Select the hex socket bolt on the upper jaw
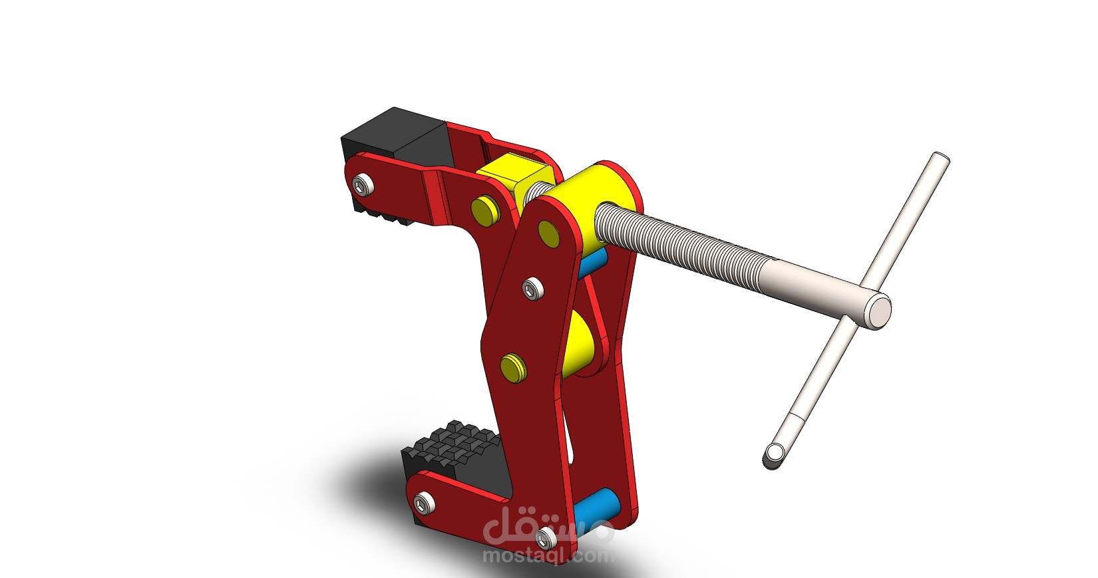pos(362,184)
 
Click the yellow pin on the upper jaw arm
pos(484,210)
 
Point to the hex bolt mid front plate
pos(530,289)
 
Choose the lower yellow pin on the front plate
pos(514,368)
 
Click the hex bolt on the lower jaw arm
pos(423,504)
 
